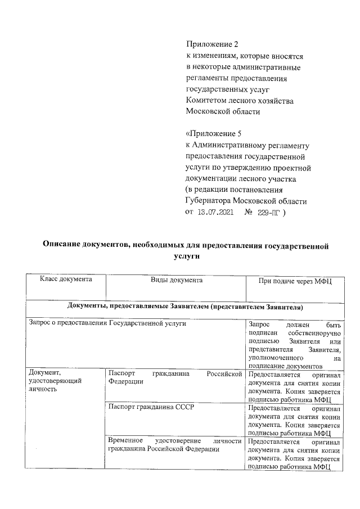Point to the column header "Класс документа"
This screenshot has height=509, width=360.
pos(65,280)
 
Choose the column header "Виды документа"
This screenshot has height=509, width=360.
pos(176,280)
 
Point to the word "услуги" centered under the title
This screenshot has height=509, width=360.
pos(186,255)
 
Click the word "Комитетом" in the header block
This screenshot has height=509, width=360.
pos(206,100)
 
